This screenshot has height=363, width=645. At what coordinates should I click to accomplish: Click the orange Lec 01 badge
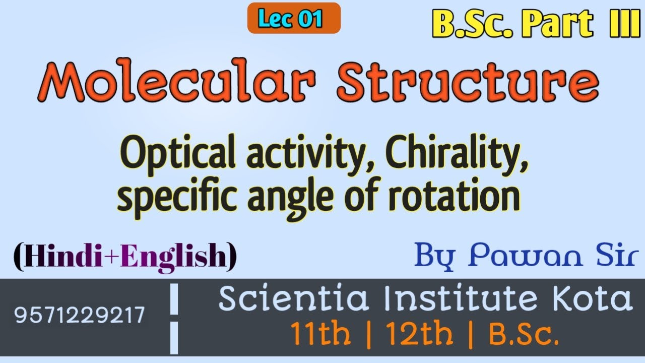click(294, 19)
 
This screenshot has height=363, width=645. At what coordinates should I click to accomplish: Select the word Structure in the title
click(468, 82)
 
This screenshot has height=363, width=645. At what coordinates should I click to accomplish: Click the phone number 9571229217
click(80, 316)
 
